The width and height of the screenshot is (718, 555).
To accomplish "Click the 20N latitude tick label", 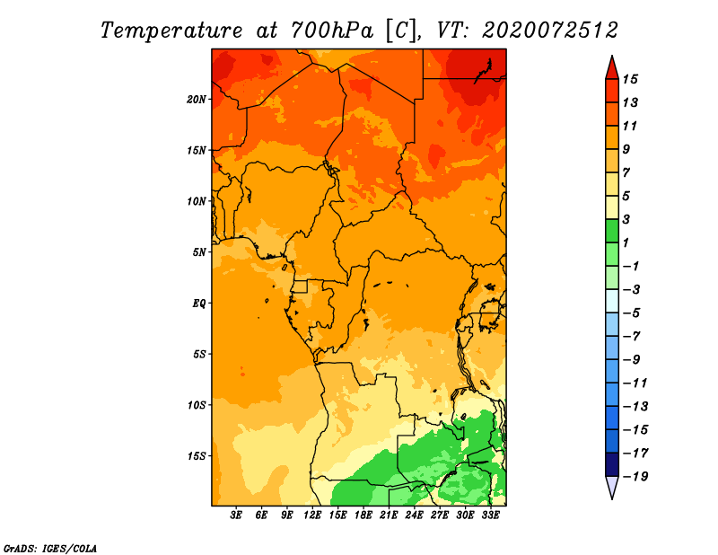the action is point(197,100).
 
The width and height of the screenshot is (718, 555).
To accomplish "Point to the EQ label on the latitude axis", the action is point(199,304).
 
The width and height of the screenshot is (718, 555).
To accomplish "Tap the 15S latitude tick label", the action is point(197,456).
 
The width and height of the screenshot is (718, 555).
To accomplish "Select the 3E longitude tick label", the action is point(236,515).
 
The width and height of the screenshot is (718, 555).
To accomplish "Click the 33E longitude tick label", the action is point(490,515).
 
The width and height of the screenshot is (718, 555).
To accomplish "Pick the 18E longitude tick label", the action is point(363,515).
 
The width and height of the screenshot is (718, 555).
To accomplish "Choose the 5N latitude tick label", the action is point(199,252).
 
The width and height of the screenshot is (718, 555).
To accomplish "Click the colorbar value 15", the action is point(630,79).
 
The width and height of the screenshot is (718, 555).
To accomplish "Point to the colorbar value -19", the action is point(635,477).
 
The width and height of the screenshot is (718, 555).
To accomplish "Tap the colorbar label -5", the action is point(632,313).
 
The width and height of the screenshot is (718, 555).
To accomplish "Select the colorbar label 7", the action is point(626,172).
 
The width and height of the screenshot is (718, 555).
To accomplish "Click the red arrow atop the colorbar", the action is point(612,69).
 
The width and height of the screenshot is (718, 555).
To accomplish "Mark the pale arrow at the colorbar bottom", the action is point(612,487).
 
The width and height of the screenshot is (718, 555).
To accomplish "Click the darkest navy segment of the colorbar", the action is point(612,464).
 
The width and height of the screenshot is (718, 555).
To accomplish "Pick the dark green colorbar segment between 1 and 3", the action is point(612,231).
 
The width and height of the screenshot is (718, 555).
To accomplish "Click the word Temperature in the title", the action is point(171,31).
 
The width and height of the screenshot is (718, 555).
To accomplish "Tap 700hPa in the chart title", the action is point(332,31).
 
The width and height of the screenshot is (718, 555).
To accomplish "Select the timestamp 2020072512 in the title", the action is point(550,31).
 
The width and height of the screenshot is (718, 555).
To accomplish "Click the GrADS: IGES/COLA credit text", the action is point(50,549).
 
